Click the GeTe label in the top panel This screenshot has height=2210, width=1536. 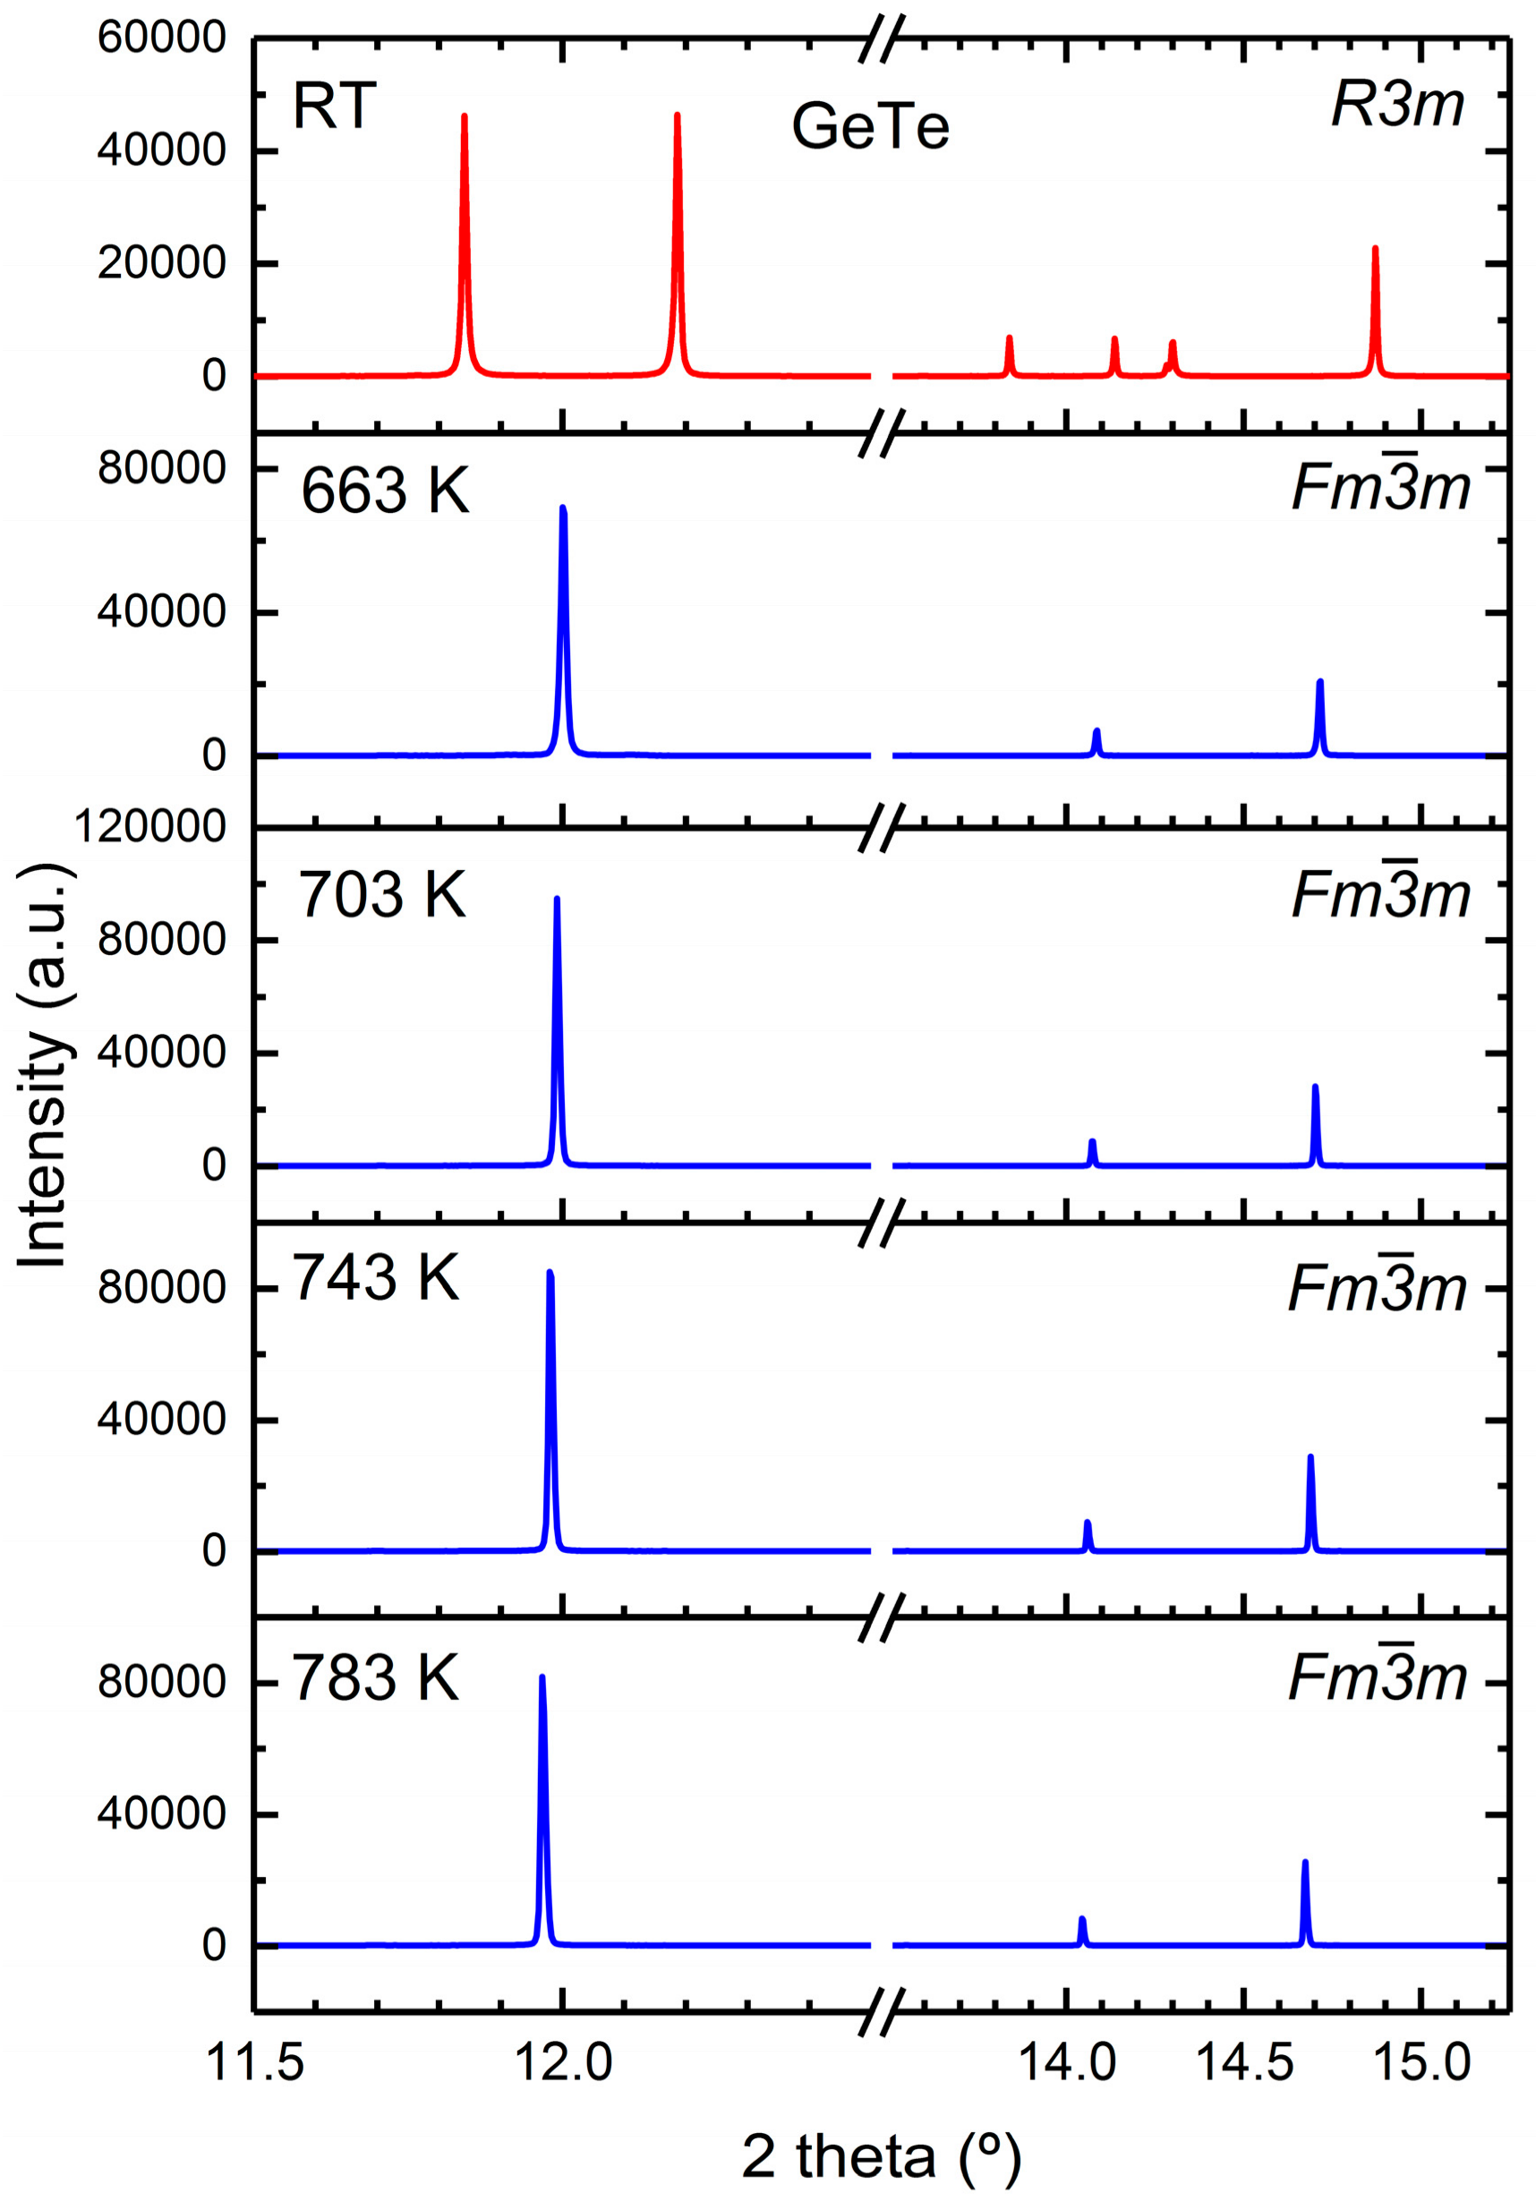(870, 127)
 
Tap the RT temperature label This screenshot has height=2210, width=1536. (334, 106)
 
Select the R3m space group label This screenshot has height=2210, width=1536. (1397, 104)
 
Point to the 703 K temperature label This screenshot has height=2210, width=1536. (382, 895)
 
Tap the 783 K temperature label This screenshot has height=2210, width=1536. (375, 1678)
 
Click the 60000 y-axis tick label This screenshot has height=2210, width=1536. (162, 38)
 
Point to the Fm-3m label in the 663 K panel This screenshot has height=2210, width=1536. (1380, 488)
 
